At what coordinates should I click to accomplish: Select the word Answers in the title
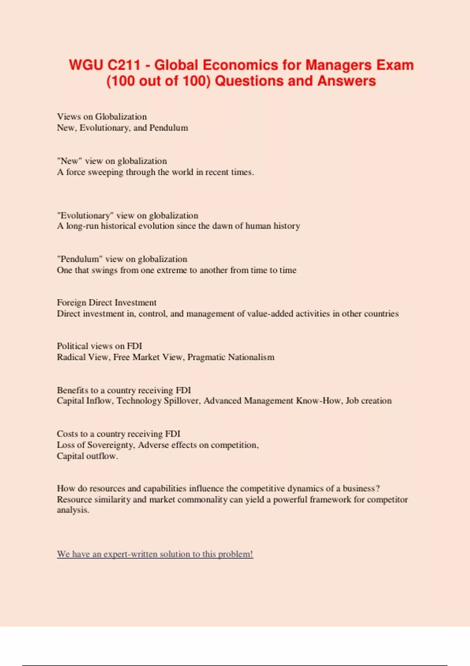click(x=347, y=81)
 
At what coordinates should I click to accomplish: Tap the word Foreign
click(x=71, y=303)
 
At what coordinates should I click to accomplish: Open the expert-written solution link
click(x=155, y=554)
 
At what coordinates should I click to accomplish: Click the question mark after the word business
click(x=378, y=489)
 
